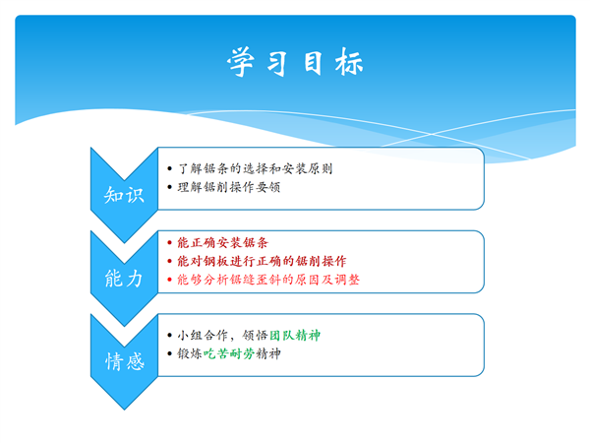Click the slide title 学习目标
pos(295,62)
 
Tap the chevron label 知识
pos(124,195)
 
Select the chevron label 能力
pos(124,279)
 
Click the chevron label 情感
pos(125,361)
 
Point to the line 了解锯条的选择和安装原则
pos(255,168)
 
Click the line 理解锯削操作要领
pos(229,187)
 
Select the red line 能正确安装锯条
pos(223,242)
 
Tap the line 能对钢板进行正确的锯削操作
pos(262,261)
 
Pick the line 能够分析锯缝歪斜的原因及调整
pos(268,280)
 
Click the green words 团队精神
pos(295,336)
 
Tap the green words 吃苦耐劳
pos(229,353)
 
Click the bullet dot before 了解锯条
pos(170,168)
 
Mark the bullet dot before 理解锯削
pos(170,187)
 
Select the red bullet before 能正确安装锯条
pos(170,243)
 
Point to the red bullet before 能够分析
pos(170,280)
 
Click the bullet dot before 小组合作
pos(170,336)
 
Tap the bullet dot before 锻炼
pos(170,354)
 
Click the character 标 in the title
pos(349,62)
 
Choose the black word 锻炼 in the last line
pos(190,353)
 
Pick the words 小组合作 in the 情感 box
pos(203,336)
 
